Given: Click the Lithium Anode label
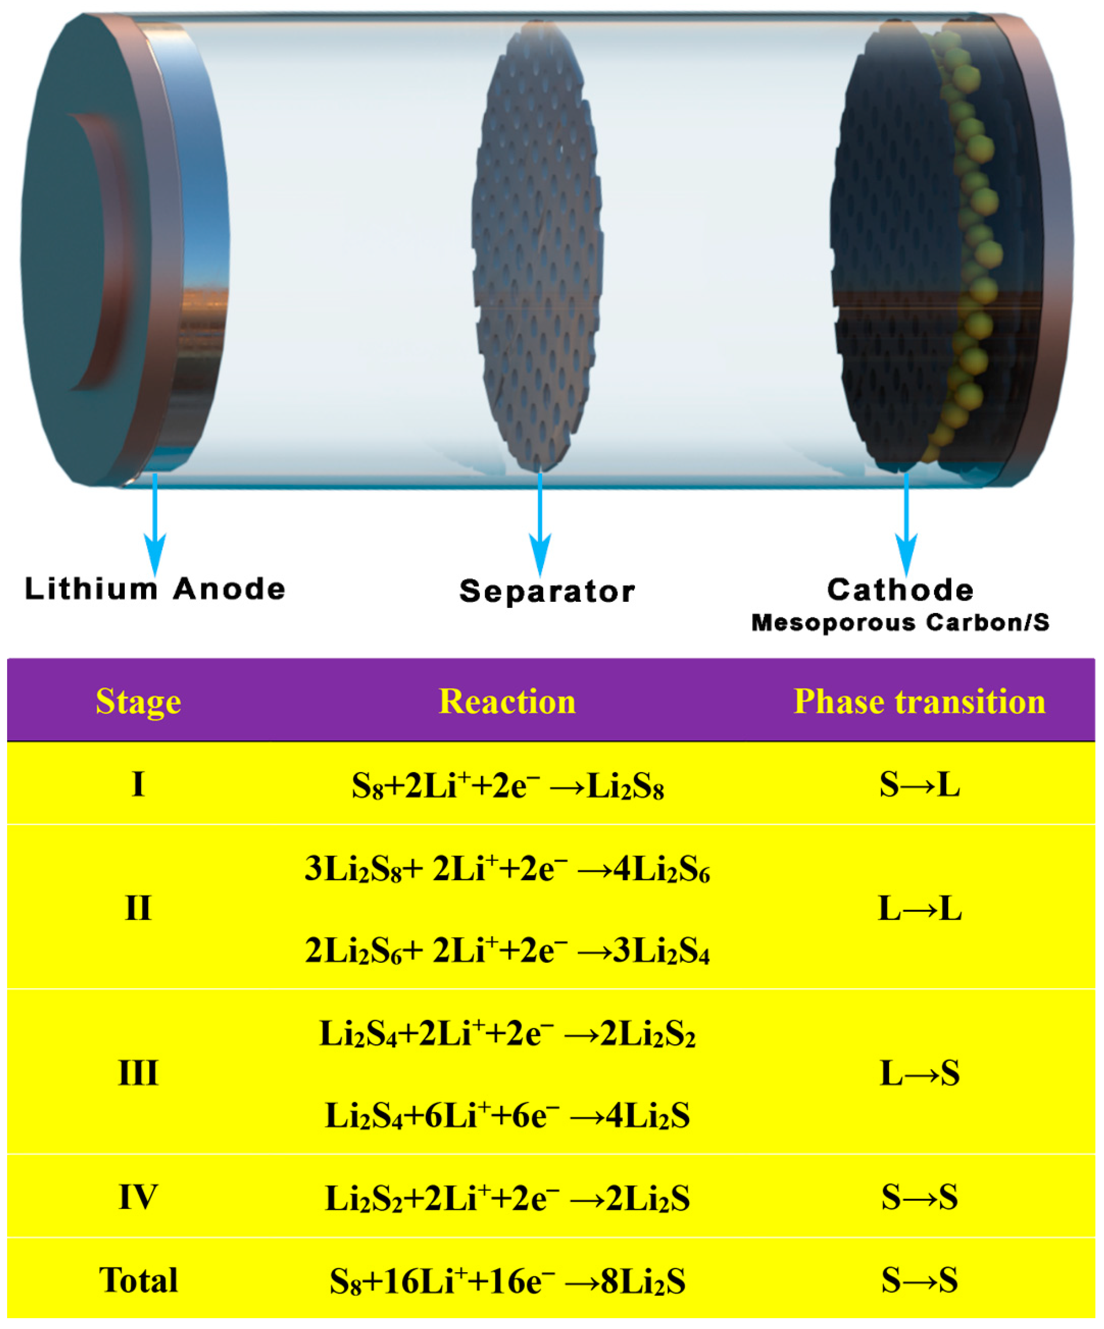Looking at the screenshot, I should (155, 589).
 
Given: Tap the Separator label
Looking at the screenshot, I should (547, 592).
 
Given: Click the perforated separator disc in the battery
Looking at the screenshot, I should (537, 253).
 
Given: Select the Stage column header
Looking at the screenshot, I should (138, 701).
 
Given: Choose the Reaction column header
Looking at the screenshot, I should (507, 701).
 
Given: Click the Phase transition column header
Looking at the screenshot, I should (919, 701).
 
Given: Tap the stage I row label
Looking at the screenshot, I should (138, 785).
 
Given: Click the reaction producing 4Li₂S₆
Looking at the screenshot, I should (507, 870).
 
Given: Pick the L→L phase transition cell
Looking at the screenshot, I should (919, 909).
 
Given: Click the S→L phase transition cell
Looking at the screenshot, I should (919, 785).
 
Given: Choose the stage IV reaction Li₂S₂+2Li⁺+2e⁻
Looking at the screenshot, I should (507, 1198).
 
